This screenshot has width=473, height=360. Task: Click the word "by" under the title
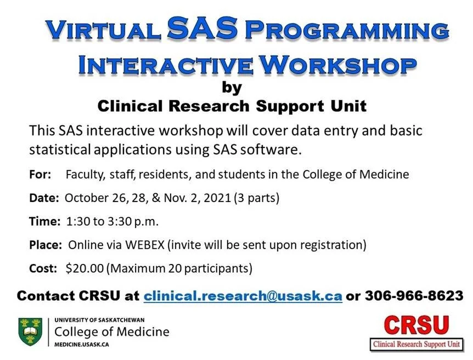232,87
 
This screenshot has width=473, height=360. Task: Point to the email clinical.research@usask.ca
243,296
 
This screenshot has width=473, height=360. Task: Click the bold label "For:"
40,175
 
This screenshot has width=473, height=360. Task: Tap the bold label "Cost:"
43,268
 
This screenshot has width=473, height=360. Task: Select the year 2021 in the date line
218,198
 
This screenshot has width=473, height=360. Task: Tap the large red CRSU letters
416,325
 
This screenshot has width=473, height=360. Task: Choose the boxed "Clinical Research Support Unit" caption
416,345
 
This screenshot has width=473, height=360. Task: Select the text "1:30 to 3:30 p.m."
112,222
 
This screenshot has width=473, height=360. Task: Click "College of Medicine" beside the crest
112,331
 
